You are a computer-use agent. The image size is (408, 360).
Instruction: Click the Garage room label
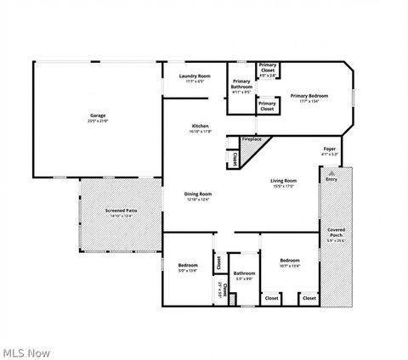[98, 115]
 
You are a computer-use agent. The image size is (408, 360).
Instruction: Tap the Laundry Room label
[195, 76]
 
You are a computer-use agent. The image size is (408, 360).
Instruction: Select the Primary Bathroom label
[241, 85]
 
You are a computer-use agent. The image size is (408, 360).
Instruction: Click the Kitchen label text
[200, 127]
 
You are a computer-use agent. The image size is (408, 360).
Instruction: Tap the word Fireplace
[252, 138]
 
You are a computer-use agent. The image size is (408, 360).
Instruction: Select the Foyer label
[330, 149]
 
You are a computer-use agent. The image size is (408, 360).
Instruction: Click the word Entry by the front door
[331, 179]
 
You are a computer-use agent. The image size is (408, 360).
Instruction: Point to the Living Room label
[283, 181]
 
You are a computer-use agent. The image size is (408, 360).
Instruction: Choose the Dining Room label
[198, 194]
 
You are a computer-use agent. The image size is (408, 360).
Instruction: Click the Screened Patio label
[122, 210]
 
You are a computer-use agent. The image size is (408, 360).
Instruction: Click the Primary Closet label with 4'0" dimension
[268, 65]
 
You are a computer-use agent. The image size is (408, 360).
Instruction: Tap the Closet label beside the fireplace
[233, 158]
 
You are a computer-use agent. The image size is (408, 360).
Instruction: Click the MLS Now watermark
[25, 352]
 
